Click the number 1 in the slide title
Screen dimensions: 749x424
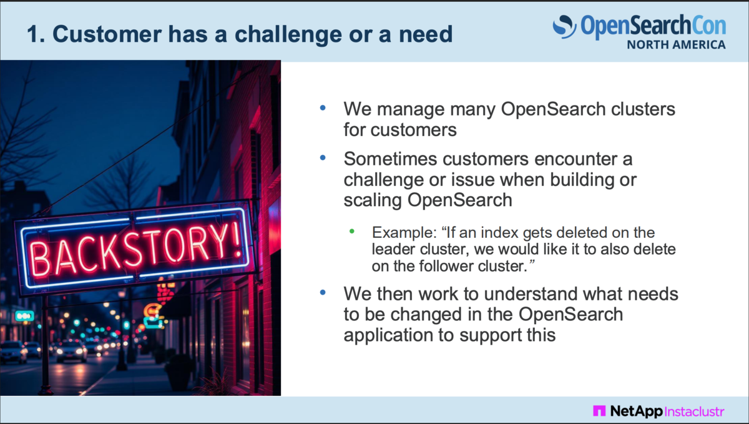pos(34,34)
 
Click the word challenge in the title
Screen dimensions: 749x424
pos(288,35)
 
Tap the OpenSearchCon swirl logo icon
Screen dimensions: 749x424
pos(564,26)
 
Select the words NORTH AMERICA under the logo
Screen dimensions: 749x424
pos(676,44)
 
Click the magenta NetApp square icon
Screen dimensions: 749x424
pos(599,411)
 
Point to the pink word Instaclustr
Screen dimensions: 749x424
pos(694,411)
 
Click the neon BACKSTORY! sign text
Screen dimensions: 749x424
pos(135,249)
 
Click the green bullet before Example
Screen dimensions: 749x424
pos(352,231)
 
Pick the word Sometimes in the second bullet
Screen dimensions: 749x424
pos(390,159)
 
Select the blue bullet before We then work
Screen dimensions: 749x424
pos(323,293)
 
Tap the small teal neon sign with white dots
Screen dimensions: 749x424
pos(25,315)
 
